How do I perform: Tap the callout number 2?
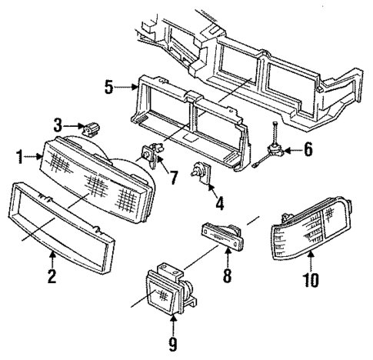pyautogui.click(x=52, y=276)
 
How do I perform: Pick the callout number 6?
pyautogui.click(x=308, y=150)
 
